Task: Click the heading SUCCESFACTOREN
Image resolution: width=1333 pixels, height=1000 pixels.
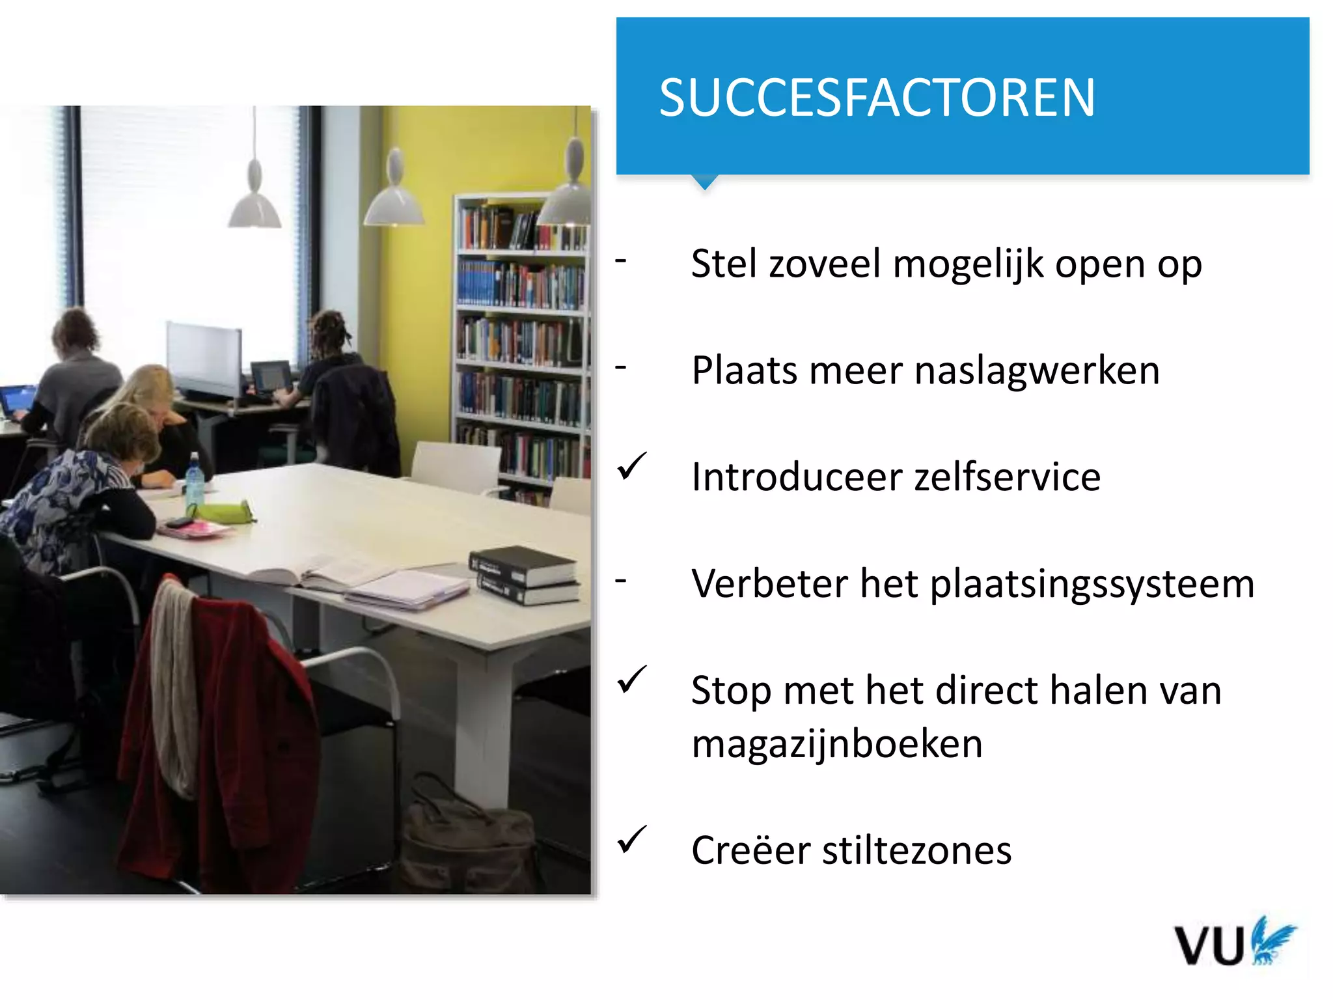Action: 877,98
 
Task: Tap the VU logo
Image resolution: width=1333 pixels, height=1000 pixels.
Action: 1234,943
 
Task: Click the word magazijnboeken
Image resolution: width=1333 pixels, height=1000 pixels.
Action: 836,743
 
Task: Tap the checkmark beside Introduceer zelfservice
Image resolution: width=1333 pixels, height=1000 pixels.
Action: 631,467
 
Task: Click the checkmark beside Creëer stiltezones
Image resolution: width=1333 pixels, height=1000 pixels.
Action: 631,839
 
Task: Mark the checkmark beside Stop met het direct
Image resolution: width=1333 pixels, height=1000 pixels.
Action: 631,680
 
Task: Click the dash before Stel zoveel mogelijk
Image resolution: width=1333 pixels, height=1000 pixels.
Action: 621,262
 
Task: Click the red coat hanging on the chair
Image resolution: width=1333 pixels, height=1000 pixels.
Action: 215,736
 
